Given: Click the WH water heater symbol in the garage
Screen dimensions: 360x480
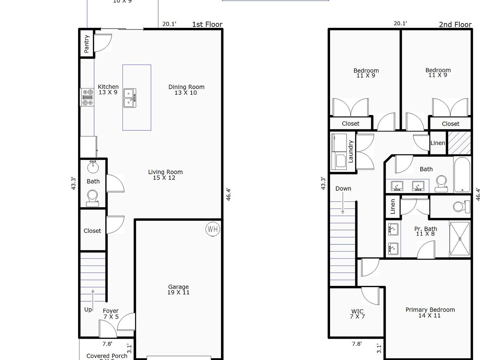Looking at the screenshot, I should tap(213, 229).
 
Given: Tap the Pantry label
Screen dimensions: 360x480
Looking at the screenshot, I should tap(87, 44).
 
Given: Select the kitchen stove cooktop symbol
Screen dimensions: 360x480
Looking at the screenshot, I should tap(87, 97).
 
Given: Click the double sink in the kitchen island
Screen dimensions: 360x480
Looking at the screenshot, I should tap(130, 98).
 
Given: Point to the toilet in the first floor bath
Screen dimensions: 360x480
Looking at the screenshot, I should tap(92, 198).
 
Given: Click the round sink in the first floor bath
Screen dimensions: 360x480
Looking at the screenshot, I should tap(93, 167).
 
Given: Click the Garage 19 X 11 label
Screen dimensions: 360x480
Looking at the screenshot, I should tap(178, 289).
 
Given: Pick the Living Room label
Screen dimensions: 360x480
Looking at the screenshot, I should tap(165, 175).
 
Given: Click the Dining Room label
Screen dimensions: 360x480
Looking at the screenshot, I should tap(186, 90).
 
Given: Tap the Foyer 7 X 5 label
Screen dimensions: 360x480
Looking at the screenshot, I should tap(111, 313).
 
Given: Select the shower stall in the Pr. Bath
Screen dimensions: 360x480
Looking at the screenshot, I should tap(460, 239).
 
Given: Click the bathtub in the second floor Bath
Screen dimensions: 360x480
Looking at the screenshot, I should tap(462, 175).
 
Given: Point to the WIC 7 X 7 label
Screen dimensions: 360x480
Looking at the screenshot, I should tap(357, 314).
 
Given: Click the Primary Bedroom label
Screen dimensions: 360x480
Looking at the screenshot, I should tap(430, 312).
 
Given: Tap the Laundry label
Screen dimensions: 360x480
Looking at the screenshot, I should tap(350, 152).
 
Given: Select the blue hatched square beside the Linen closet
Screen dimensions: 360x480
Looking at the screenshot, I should tap(459, 143).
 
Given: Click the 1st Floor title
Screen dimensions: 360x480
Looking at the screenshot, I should tap(207, 24).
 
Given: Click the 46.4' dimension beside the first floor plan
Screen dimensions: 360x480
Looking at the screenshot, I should tap(228, 194).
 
